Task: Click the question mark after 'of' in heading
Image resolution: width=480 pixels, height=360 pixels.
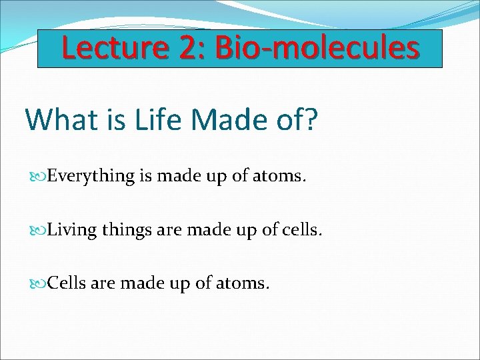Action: pyautogui.click(x=311, y=119)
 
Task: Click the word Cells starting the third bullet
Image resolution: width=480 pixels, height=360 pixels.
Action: pyautogui.click(x=67, y=283)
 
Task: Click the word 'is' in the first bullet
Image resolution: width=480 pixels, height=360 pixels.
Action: pyautogui.click(x=146, y=177)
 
